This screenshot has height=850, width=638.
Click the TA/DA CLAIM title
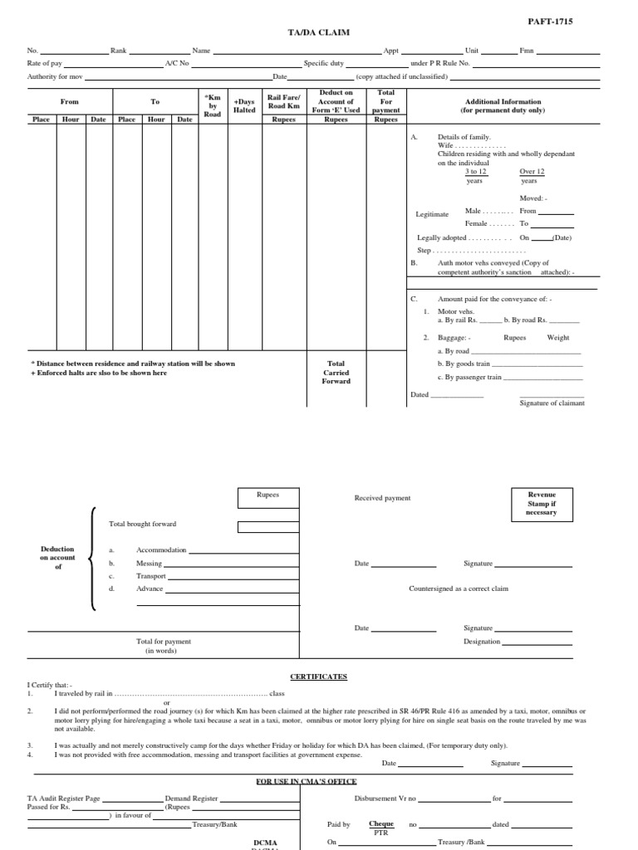(x=318, y=32)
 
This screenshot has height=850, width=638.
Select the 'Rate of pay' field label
(x=45, y=63)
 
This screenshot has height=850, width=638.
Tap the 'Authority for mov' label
(x=56, y=76)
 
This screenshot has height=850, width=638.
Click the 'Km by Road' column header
(x=213, y=105)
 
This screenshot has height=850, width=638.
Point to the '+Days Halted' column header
(x=244, y=105)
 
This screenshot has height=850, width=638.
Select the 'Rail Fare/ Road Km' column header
(x=283, y=101)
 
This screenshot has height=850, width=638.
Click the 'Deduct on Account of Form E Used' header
(x=336, y=101)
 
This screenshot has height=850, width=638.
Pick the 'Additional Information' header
(x=503, y=105)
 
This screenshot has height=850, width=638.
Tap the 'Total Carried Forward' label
(x=336, y=372)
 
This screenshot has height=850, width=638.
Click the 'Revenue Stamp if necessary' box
(x=542, y=503)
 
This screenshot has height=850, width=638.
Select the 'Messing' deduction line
(x=150, y=563)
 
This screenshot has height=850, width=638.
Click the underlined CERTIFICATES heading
(x=318, y=677)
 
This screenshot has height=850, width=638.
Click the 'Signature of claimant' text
(x=552, y=403)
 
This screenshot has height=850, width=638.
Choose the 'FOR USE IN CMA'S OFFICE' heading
(x=306, y=781)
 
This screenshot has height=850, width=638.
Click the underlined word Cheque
(x=381, y=824)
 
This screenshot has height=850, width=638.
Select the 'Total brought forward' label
(x=142, y=524)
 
